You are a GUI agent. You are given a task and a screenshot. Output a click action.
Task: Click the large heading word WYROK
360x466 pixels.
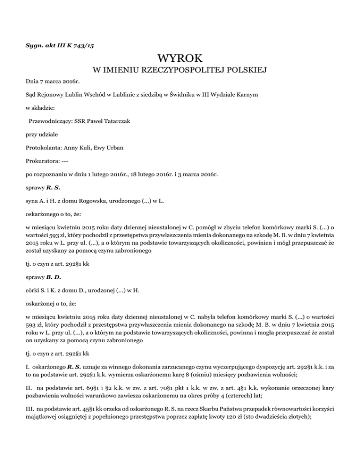tap(180, 59)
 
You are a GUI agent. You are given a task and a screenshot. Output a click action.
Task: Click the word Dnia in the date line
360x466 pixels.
tap(33, 81)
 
